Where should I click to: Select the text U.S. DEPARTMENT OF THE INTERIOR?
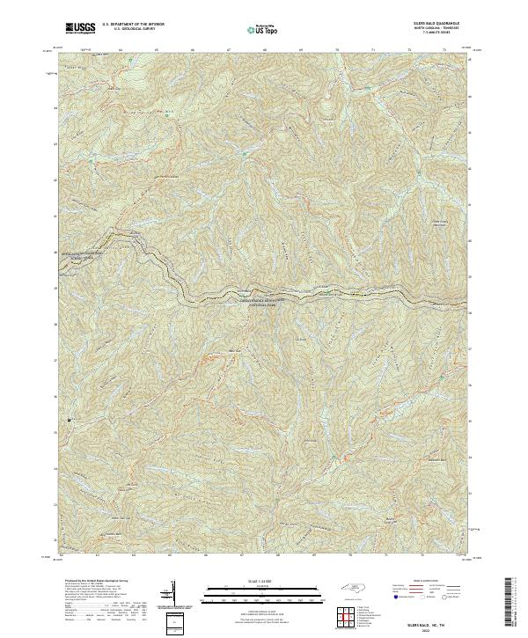(x=133, y=26)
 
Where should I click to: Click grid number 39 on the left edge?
(x=55, y=288)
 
